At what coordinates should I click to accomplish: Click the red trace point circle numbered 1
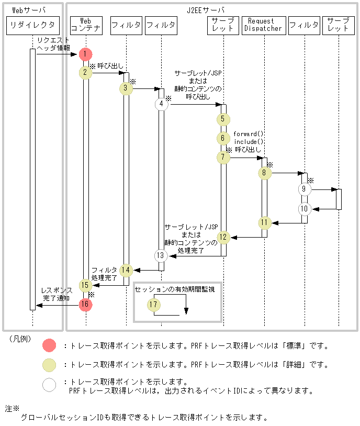[x=86, y=54]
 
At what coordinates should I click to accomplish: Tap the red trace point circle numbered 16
[x=86, y=305]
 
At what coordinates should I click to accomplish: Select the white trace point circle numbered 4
[x=161, y=104]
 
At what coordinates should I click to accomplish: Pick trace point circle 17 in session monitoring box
[x=153, y=305]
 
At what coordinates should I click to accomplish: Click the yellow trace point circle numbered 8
[x=264, y=172]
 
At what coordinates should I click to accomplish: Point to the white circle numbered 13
[x=161, y=256]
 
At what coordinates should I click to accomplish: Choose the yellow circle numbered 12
[x=223, y=237]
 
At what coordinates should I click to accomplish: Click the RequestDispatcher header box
[x=264, y=25]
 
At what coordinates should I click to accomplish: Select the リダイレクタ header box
[x=32, y=25]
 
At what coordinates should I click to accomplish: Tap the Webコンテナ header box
[x=86, y=25]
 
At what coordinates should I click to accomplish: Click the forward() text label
[x=248, y=134]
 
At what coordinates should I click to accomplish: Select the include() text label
[x=248, y=141]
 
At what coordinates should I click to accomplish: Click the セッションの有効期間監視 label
[x=175, y=289]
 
